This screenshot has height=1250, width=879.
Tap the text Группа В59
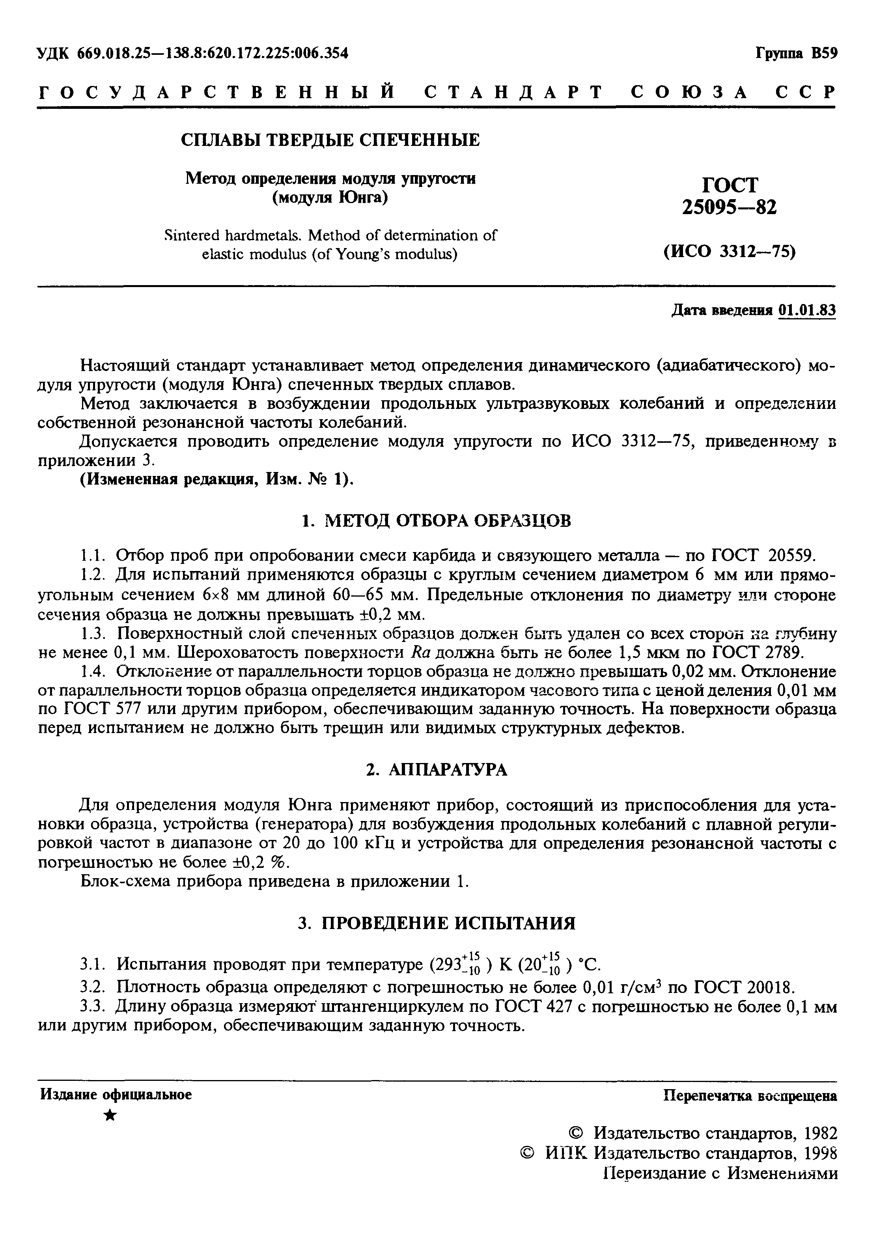pos(796,53)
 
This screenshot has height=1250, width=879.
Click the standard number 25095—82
pos(729,207)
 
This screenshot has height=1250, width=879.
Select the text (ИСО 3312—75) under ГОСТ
pos(729,252)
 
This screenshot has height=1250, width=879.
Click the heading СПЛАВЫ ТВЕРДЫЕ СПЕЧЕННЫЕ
pos(330,140)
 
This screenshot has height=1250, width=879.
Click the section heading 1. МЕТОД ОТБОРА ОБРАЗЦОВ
pos(437,521)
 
